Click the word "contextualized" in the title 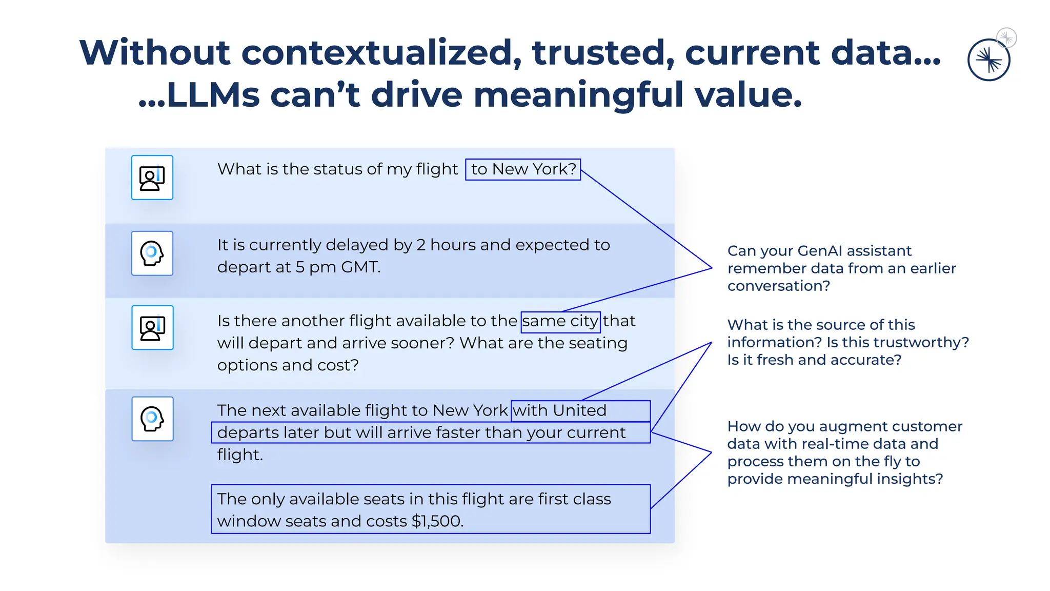pyautogui.click(x=377, y=53)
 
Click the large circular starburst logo pyautogui.click(x=988, y=60)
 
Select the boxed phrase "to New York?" pyautogui.click(x=523, y=169)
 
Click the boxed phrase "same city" pyautogui.click(x=560, y=322)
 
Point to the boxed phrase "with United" pyautogui.click(x=560, y=410)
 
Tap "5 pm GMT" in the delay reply pyautogui.click(x=338, y=267)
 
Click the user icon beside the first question pyautogui.click(x=152, y=178)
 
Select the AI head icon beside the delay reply pyautogui.click(x=152, y=253)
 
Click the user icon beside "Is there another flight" pyautogui.click(x=152, y=328)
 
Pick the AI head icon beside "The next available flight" pyautogui.click(x=152, y=419)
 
